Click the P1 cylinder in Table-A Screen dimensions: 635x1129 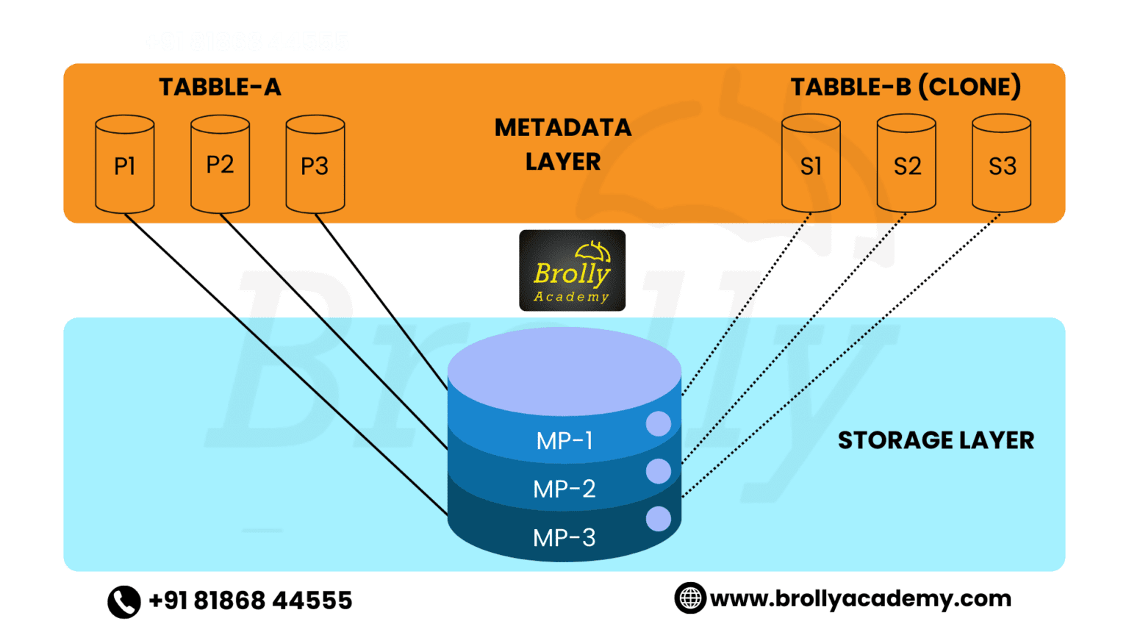tap(125, 165)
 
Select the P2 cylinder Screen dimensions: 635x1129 tap(220, 165)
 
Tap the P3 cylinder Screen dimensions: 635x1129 tap(315, 165)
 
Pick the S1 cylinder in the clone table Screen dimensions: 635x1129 tap(811, 165)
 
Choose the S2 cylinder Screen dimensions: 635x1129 tap(906, 165)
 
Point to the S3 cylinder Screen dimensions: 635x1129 tap(1001, 165)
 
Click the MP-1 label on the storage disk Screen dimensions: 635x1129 tap(564, 441)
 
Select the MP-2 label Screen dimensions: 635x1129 tap(564, 489)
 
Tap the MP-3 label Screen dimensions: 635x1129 tap(564, 538)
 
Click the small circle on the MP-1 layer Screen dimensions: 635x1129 tap(658, 423)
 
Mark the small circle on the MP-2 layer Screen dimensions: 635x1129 tap(658, 471)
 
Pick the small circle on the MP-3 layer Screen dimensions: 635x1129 tap(658, 519)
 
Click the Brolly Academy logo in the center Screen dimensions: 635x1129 tap(572, 270)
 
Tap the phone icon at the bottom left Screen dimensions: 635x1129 tap(124, 601)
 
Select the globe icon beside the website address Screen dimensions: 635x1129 tap(689, 598)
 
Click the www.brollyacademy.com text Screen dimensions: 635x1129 tap(861, 599)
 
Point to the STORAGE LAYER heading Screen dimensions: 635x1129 tap(936, 440)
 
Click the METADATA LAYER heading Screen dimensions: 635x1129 tap(563, 144)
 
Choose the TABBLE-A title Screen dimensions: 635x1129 tap(220, 87)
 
